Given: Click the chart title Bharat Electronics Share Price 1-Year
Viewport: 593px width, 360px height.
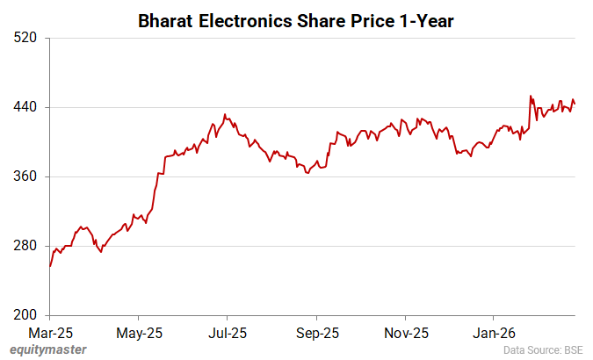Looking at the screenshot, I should click(x=296, y=19).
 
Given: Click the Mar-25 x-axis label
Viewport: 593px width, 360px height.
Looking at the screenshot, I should click(x=50, y=333).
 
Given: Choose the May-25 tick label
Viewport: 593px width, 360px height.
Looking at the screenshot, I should click(x=139, y=333).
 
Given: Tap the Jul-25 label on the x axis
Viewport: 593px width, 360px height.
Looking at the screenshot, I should click(x=227, y=333).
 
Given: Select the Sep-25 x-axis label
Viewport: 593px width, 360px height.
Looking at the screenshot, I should click(x=316, y=333).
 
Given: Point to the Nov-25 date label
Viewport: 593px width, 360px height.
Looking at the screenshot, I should click(x=406, y=333).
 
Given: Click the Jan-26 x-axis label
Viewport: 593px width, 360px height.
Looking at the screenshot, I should click(x=494, y=333).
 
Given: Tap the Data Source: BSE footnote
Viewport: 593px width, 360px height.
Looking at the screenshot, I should click(x=543, y=350).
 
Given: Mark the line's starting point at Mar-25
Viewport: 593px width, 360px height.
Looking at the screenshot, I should click(x=50, y=266).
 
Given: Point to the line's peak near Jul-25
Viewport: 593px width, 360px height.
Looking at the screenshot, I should click(x=225, y=114).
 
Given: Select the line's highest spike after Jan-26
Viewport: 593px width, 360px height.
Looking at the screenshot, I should click(x=531, y=96).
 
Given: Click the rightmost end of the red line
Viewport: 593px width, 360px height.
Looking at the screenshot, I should click(x=575, y=104).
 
